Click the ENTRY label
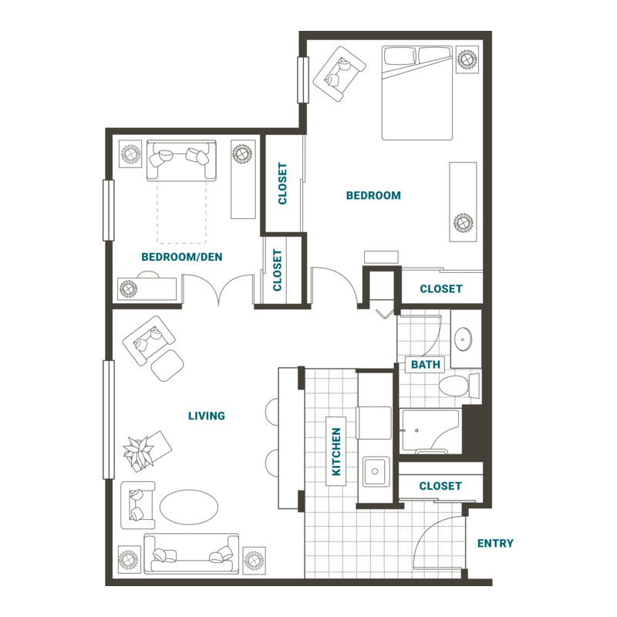click(x=495, y=544)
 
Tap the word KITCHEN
click(x=336, y=451)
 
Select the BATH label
click(x=426, y=364)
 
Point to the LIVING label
click(x=207, y=416)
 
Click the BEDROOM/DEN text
click(x=182, y=257)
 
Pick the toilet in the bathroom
click(x=459, y=385)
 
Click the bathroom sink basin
click(x=464, y=339)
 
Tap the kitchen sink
click(x=376, y=471)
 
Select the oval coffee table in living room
click(x=188, y=507)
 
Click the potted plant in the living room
click(x=139, y=452)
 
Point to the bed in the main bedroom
click(x=417, y=93)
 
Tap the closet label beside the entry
click(x=440, y=486)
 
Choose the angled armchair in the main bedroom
click(x=339, y=74)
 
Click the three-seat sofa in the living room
click(x=191, y=554)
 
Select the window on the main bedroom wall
click(x=303, y=80)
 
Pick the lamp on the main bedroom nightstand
click(x=467, y=59)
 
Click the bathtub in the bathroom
click(x=430, y=431)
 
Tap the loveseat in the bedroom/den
click(x=181, y=160)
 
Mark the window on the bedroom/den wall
click(x=109, y=210)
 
